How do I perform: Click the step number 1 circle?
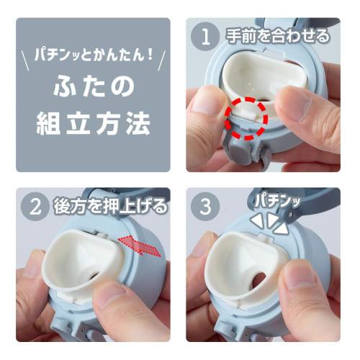tap(205, 37)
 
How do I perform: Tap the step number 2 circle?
tap(35, 206)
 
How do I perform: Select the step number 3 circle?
tap(205, 207)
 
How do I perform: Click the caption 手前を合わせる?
tap(278, 37)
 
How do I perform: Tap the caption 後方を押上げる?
tap(110, 206)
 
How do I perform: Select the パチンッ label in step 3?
tap(278, 201)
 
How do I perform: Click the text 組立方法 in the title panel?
tap(94, 124)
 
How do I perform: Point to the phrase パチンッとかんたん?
tap(94, 55)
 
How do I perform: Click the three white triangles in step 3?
tap(269, 222)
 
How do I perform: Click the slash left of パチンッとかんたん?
tap(25, 61)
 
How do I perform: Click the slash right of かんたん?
tap(162, 61)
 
